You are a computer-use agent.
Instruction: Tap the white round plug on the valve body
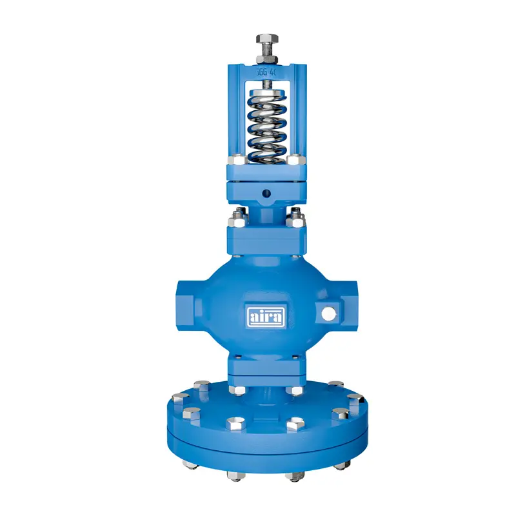coord(328,314)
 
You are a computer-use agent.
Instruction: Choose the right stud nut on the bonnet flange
coord(297,217)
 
